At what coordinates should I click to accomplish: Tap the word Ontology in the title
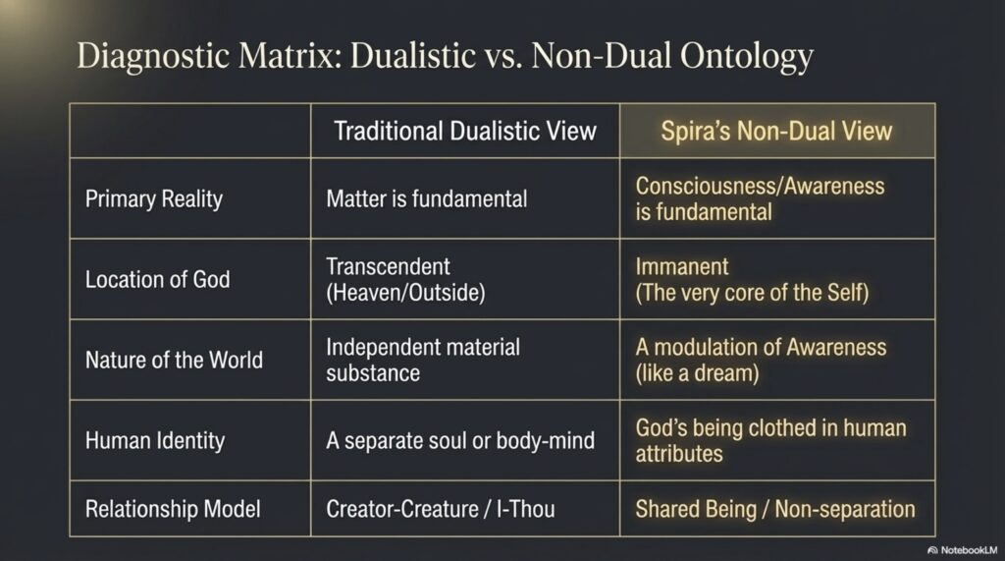[746, 56]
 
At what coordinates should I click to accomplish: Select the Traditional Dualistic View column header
[465, 131]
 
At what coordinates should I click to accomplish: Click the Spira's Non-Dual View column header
[776, 131]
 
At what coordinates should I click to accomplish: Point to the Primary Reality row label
[154, 199]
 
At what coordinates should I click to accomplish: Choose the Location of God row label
[158, 279]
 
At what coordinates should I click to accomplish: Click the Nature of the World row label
[174, 361]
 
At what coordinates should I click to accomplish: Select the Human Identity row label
[155, 441]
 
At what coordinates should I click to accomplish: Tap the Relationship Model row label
[173, 509]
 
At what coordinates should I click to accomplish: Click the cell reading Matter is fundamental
[426, 199]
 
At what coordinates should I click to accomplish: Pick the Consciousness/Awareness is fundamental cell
[760, 199]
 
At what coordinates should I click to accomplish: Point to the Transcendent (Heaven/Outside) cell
[405, 279]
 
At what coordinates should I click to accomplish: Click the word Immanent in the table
[682, 266]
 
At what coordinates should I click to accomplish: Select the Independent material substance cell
[423, 361]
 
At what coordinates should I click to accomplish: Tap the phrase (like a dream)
[697, 373]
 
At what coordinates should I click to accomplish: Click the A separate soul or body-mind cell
[460, 441]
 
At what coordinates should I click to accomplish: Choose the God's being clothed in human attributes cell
[770, 441]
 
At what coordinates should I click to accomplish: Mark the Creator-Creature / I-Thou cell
[441, 509]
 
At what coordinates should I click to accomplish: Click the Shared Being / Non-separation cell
[775, 509]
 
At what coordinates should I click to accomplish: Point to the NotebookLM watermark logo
[932, 550]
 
